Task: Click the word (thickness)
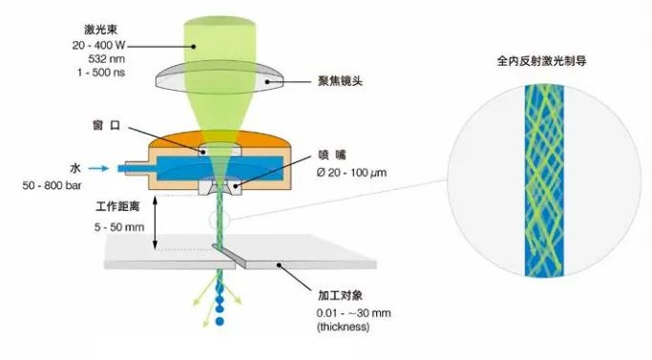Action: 340,327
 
